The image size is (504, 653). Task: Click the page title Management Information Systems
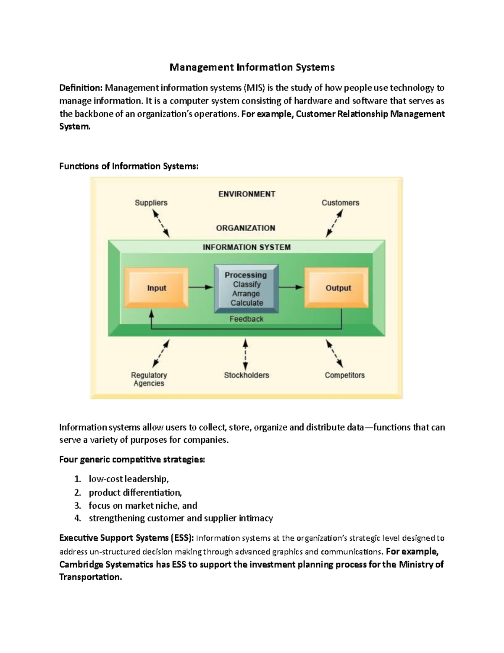tap(252, 67)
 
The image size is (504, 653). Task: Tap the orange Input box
tap(156, 288)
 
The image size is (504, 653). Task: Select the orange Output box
tap(338, 288)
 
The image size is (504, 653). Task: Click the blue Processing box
tap(246, 289)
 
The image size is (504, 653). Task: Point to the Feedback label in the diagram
tap(246, 319)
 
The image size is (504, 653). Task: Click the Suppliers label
tap(151, 203)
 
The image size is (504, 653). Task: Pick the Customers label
tap(340, 203)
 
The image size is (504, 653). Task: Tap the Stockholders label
tap(246, 375)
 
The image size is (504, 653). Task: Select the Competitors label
tap(344, 375)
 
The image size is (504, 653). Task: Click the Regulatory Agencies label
tap(149, 379)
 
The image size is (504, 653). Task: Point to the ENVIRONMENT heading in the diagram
tap(247, 194)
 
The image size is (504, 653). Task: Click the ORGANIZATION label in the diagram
tap(246, 228)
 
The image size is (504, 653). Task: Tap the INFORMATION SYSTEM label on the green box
tap(247, 247)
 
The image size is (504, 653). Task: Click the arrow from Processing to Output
tap(291, 288)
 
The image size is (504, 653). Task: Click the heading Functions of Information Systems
tap(129, 166)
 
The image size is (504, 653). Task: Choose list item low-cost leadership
tap(129, 479)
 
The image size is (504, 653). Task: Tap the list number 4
tap(77, 518)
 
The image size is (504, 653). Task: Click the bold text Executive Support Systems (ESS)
tap(126, 538)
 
